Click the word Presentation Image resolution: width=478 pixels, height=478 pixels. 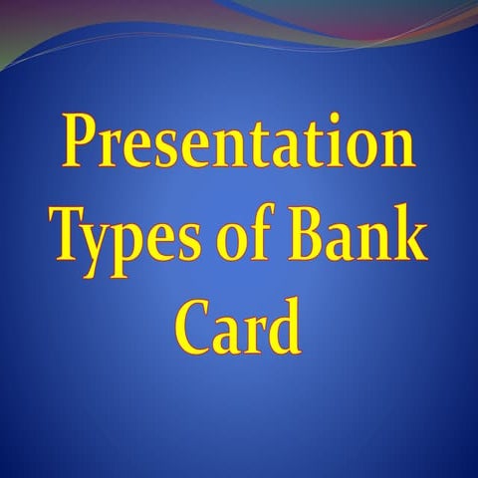pyautogui.click(x=239, y=144)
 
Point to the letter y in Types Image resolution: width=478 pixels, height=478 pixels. pyautogui.click(x=103, y=242)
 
